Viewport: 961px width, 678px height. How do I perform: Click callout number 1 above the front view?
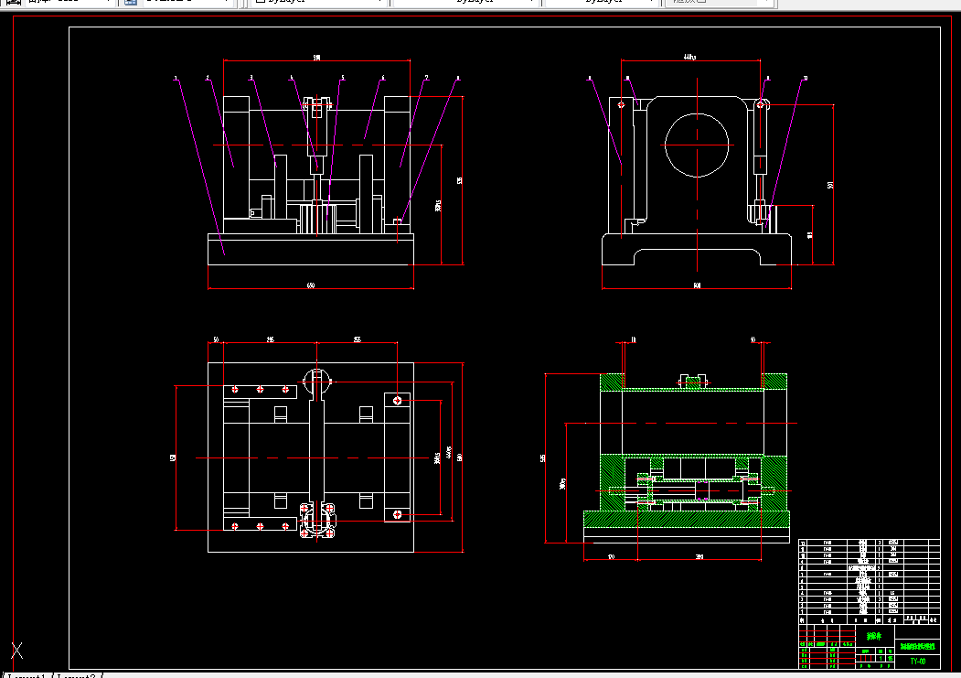175,79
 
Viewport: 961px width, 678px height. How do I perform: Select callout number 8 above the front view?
457,79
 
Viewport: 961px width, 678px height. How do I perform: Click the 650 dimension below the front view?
311,286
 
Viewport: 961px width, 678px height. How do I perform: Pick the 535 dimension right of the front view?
460,179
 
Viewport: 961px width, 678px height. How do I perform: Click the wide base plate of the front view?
311,250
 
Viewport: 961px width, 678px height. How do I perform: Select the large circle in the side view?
698,145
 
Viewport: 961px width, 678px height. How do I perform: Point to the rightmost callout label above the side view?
805,79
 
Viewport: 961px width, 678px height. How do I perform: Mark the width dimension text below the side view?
697,286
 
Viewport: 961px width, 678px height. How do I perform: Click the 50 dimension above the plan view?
216,340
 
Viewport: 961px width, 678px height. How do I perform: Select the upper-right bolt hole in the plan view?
399,400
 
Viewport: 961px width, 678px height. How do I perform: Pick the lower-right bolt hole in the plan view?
399,515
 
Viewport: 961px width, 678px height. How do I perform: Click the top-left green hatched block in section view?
611,382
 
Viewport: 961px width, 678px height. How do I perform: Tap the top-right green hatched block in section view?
775,382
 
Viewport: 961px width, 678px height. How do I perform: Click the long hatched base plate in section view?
686,520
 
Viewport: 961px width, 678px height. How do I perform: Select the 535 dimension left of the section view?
543,458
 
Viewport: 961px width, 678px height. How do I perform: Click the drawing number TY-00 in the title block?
917,661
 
